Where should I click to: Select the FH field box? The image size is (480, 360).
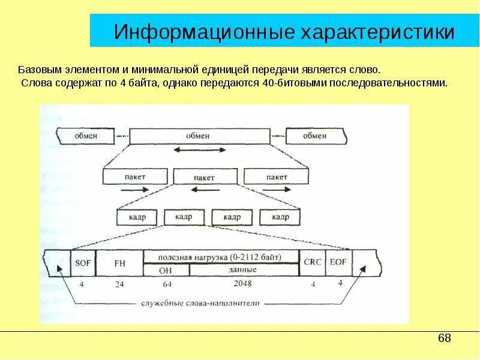pos(118,262)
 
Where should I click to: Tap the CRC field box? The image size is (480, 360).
pos(313,262)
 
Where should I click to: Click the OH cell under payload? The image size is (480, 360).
pos(166,270)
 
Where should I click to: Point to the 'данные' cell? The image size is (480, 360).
pos(243,269)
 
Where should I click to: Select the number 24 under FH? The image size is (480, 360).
pos(119,284)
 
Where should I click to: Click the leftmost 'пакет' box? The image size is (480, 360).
pos(135,177)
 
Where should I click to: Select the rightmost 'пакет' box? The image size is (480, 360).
pos(276,177)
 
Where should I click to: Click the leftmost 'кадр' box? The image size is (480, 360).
pos(137,217)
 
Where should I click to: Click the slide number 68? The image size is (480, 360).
pos(444,338)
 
